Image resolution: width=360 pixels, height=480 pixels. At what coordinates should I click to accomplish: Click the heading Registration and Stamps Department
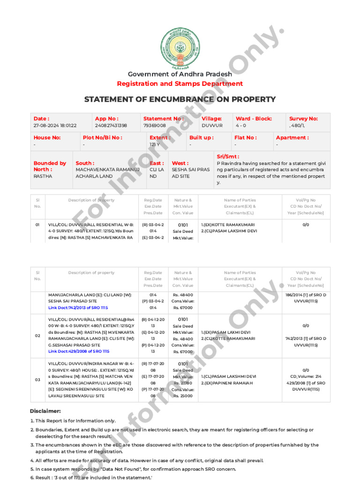tap(180, 84)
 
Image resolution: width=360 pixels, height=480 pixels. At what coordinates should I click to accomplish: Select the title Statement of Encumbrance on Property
tap(180, 99)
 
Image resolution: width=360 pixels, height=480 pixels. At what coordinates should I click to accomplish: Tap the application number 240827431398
tap(111, 126)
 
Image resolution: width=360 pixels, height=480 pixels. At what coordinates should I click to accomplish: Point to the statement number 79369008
tap(155, 126)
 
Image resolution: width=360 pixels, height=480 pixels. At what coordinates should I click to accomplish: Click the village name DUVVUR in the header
tap(212, 126)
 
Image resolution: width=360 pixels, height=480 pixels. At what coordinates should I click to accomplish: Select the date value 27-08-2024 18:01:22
tap(55, 126)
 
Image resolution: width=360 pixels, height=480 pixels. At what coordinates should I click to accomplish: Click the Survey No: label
tap(303, 119)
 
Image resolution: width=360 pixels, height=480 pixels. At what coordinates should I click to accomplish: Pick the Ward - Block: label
tap(254, 119)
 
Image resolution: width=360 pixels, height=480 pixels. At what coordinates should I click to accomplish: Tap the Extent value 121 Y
tap(155, 145)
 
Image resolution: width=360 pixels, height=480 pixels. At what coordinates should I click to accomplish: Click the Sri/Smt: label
tap(228, 157)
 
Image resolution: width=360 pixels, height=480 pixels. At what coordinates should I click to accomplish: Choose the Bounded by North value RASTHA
tap(43, 176)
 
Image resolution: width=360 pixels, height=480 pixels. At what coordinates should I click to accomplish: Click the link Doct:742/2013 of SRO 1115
tap(78, 307)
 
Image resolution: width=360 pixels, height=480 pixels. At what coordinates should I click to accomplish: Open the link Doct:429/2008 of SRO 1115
tap(78, 351)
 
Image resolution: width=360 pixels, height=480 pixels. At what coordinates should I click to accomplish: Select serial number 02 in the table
tap(37, 336)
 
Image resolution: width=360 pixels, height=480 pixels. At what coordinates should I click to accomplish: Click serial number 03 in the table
tap(37, 380)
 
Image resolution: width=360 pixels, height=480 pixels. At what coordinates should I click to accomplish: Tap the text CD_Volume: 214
tap(306, 376)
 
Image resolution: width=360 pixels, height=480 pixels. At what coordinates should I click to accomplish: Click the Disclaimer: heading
tap(45, 411)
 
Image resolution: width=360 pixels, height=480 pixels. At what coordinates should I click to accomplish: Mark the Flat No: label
tap(245, 138)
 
